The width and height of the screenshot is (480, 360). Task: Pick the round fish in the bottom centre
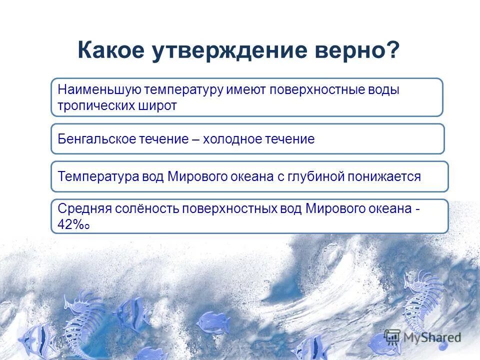coord(212,322)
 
